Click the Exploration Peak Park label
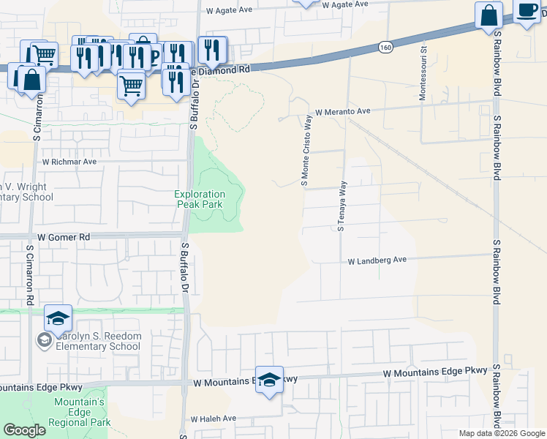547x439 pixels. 200,199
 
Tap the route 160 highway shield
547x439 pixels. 385,47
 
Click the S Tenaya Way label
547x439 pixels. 341,206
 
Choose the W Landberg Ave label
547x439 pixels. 377,260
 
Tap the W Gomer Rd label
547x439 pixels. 64,237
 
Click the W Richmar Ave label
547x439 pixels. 69,161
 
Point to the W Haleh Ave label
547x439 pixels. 214,419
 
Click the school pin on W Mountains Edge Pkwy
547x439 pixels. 269,380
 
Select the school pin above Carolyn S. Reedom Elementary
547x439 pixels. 58,318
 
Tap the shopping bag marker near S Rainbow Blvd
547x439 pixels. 488,15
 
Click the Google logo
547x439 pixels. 24,430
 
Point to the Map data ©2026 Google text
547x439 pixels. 501,433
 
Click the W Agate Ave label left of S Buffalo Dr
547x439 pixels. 229,11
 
